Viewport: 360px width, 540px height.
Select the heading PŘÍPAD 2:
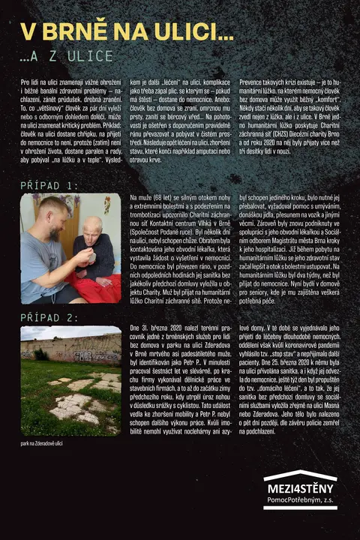(x=59, y=318)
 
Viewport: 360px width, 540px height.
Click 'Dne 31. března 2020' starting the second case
(x=157, y=329)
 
